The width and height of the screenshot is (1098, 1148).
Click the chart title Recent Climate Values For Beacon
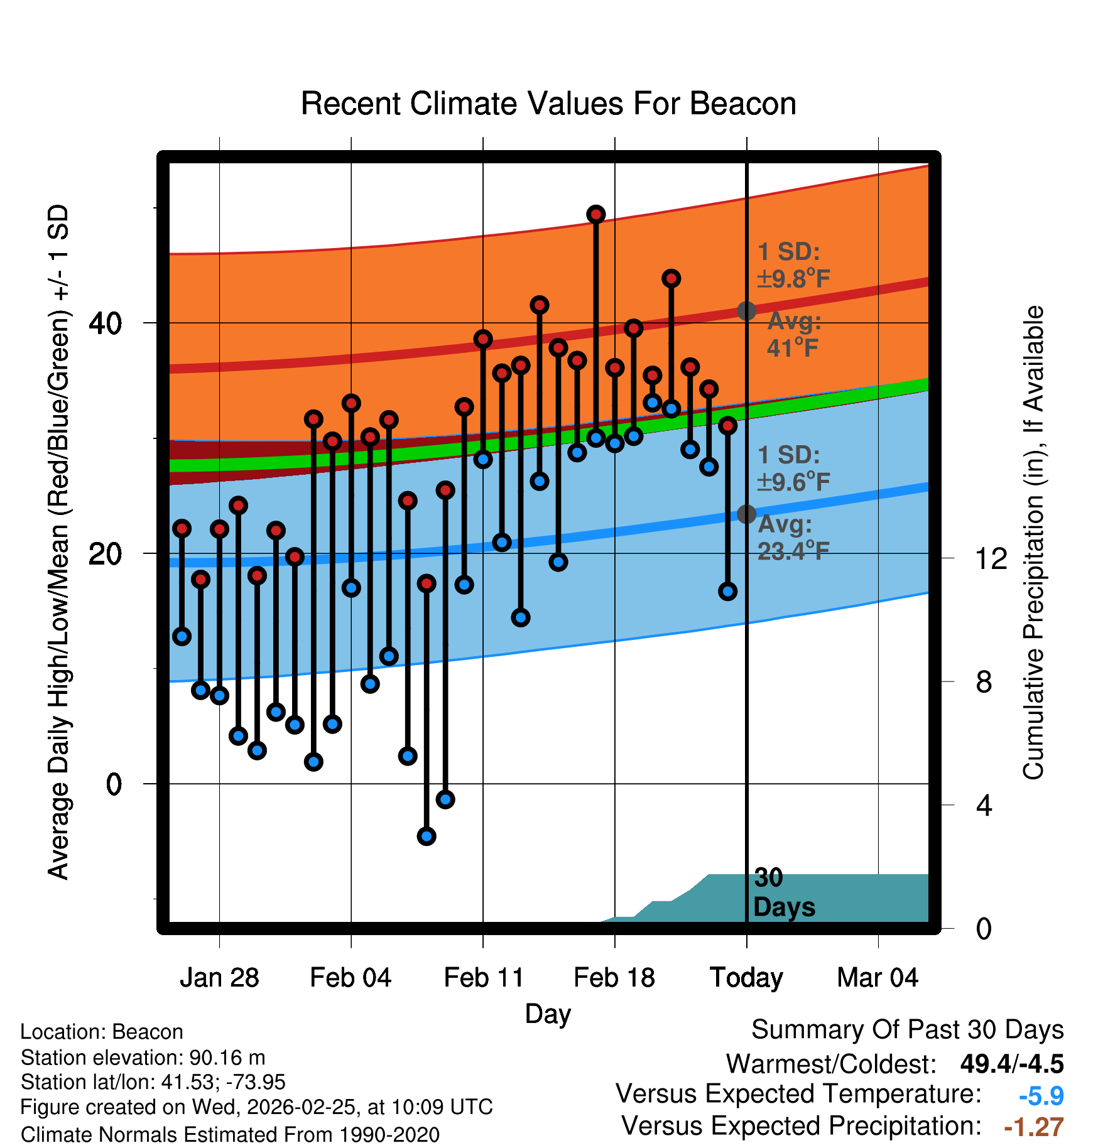point(548,104)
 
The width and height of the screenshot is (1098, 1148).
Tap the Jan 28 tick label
point(219,978)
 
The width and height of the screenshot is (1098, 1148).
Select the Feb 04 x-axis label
point(351,978)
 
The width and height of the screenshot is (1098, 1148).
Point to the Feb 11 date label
point(484,978)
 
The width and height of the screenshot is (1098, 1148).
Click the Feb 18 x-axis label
point(614,978)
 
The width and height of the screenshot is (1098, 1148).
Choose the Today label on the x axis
point(746,978)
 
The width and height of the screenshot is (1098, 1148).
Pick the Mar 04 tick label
point(878,978)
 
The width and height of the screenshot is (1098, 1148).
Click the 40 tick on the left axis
point(105,323)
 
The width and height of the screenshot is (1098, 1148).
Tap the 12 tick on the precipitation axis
point(991,558)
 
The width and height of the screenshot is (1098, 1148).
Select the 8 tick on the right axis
point(984,682)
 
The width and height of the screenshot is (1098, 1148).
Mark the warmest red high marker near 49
point(596,215)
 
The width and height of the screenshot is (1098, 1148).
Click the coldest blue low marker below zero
point(427,836)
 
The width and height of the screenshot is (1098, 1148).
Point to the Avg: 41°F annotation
point(794,334)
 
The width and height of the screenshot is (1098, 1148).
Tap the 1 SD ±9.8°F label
point(793,265)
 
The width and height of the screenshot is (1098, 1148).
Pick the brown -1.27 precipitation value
point(1033,1127)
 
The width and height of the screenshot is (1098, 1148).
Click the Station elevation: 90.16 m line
point(143,1058)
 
